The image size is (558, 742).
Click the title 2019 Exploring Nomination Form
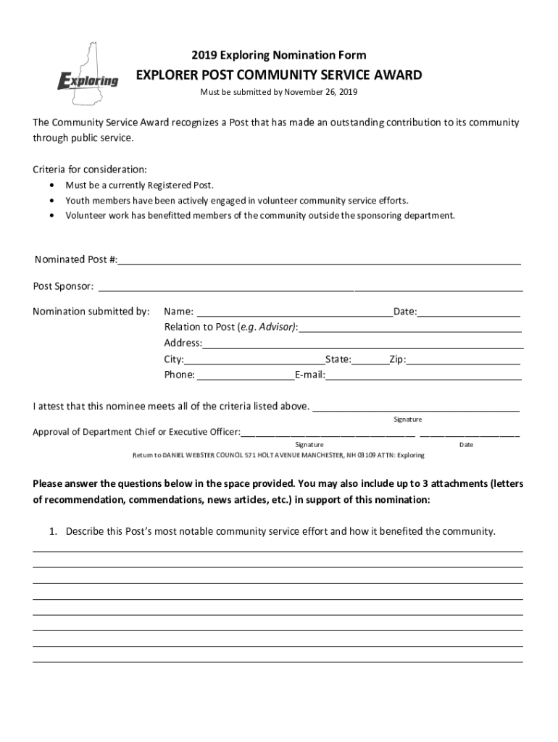(x=279, y=55)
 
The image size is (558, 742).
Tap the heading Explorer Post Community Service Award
(x=279, y=75)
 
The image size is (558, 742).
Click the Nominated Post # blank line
(x=319, y=261)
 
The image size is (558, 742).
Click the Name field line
(x=293, y=313)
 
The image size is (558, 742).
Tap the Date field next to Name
(x=469, y=313)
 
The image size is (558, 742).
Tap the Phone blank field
(x=245, y=376)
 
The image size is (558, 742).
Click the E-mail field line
(x=423, y=376)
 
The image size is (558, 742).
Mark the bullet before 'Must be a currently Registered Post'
(x=53, y=185)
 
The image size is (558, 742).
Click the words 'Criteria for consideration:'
(x=90, y=169)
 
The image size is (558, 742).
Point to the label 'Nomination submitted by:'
(x=91, y=312)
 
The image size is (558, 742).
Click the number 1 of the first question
(x=52, y=532)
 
